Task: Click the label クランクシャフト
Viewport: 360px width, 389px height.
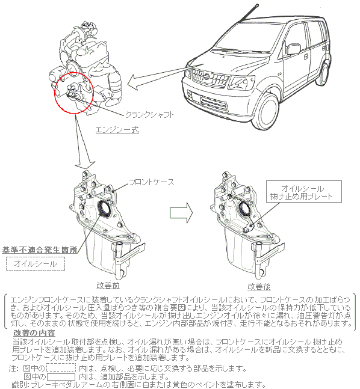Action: pyautogui.click(x=149, y=115)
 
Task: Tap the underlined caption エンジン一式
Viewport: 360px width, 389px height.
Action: pyautogui.click(x=117, y=129)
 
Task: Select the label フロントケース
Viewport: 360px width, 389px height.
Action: pyautogui.click(x=152, y=182)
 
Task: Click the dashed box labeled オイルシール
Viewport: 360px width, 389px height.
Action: pyautogui.click(x=36, y=263)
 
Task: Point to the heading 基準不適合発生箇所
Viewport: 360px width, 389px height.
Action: pyautogui.click(x=40, y=250)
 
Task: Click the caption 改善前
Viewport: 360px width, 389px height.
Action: pyautogui.click(x=108, y=286)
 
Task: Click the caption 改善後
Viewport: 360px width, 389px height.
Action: pyautogui.click(x=259, y=287)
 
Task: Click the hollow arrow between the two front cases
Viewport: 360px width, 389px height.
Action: pyautogui.click(x=181, y=213)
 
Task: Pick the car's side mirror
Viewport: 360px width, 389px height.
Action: pyautogui.click(x=294, y=49)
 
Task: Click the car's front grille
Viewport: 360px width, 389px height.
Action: pyautogui.click(x=210, y=77)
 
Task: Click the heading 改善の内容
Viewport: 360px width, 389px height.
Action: pyautogui.click(x=34, y=332)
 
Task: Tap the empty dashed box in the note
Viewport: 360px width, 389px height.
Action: pyautogui.click(x=61, y=367)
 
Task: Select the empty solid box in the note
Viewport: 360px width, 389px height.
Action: pyautogui.click(x=61, y=377)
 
